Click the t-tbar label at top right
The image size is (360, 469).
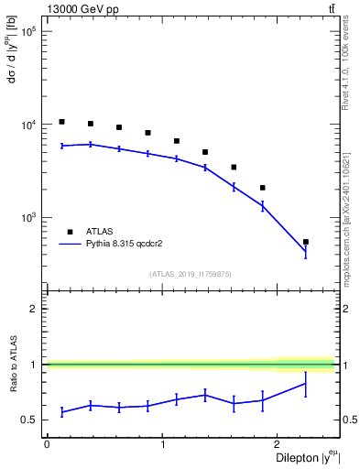(332, 9)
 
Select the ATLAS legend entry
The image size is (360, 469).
(89, 232)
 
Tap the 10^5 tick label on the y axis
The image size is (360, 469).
(28, 31)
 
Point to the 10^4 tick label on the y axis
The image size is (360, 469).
(28, 125)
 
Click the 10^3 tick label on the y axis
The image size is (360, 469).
(28, 218)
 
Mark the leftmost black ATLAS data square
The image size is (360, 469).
(61, 122)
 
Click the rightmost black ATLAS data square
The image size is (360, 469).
(306, 242)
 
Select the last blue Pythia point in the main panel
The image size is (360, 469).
(306, 251)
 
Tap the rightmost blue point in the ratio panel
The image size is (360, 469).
(306, 383)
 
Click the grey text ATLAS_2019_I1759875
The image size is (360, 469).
(191, 273)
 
